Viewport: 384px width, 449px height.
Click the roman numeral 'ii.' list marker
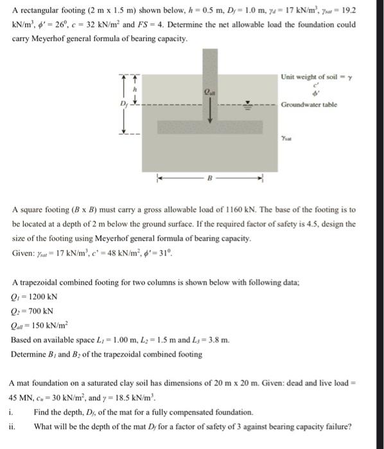tap(14, 426)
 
